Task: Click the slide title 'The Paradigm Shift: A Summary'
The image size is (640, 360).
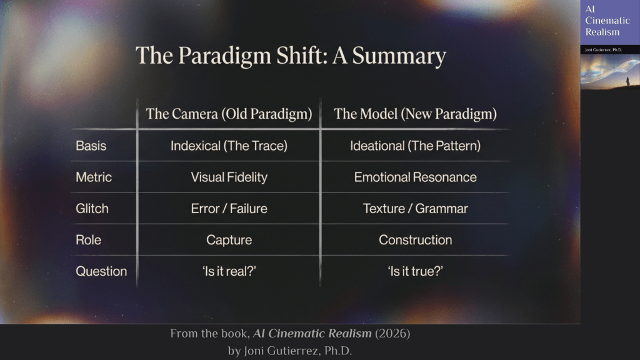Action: [x=291, y=56]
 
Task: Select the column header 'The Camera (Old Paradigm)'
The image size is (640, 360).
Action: [x=229, y=114]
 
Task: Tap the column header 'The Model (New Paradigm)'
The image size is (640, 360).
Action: [x=416, y=114]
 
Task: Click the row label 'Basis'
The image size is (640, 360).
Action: [x=91, y=146]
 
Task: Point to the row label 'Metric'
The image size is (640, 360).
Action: [x=94, y=177]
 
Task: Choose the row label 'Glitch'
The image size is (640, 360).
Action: [x=92, y=209]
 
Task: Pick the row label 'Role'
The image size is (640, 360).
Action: [x=88, y=240]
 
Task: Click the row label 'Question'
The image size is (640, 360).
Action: [x=101, y=271]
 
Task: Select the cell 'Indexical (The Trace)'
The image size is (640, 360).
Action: [x=229, y=146]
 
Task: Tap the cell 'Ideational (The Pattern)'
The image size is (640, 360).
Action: [x=416, y=146]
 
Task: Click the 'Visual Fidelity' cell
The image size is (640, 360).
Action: [x=229, y=177]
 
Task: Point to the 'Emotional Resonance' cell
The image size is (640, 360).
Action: [x=416, y=177]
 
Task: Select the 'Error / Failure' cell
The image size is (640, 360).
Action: [x=229, y=209]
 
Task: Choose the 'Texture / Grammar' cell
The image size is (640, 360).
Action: [x=416, y=209]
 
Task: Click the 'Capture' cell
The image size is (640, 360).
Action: [x=229, y=240]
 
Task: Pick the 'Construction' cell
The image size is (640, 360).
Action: [x=416, y=240]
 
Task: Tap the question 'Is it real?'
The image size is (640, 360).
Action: [x=229, y=271]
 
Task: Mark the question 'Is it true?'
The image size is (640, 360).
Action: [x=416, y=271]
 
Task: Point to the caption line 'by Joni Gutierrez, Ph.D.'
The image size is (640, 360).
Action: [x=290, y=351]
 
